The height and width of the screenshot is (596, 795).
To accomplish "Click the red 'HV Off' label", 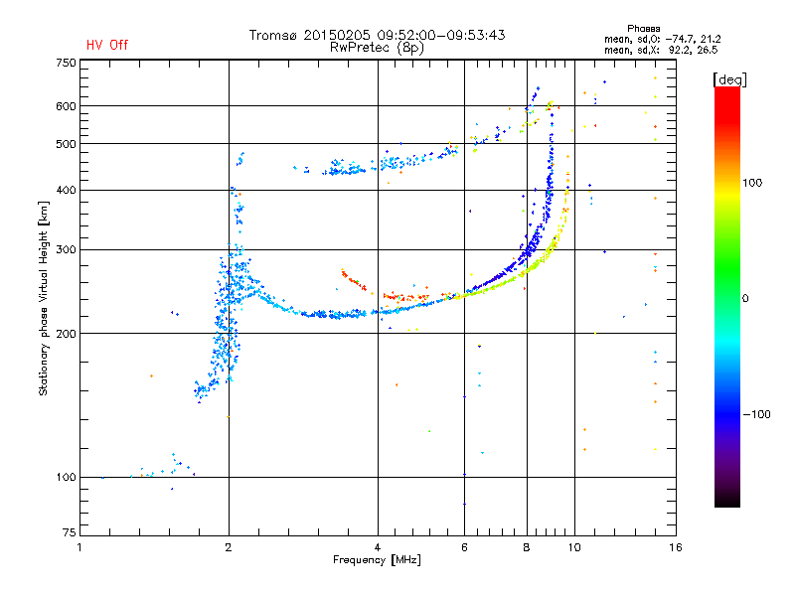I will point(106,45).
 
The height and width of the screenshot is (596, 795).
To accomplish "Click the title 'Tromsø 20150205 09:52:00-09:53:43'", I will point(377,35).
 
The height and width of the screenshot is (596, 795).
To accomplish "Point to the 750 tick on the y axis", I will point(66,63).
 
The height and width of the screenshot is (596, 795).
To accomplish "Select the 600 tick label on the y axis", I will point(66,106).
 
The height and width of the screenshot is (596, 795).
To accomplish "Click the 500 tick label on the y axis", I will point(66,144).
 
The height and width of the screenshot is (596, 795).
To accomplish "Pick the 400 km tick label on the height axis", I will point(66,190).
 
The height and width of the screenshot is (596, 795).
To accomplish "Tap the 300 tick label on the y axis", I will point(66,249).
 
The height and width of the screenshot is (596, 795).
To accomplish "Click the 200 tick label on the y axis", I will point(66,334).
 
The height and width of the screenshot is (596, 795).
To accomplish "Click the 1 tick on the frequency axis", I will point(79,547).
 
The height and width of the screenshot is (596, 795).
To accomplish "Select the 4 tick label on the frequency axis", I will point(378,547).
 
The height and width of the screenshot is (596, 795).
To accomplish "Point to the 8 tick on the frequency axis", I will point(527,547).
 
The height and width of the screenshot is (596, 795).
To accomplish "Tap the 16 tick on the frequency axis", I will point(675,547).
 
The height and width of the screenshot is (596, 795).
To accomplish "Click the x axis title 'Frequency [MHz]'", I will point(377,561).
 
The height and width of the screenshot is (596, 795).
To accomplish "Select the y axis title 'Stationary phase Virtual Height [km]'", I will point(43,299).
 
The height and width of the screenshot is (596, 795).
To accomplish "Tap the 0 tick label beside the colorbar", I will point(746,298).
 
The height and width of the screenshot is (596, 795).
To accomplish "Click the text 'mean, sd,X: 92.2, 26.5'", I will point(661,49).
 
